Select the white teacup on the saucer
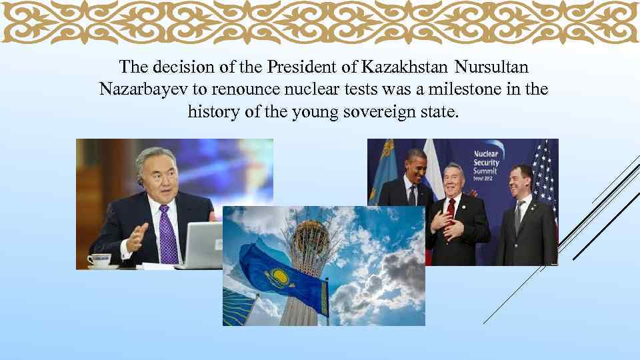point(100,259)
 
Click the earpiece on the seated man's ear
point(140,180)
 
